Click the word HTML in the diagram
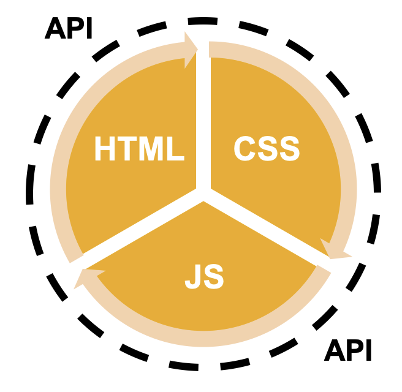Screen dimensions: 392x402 click(139, 149)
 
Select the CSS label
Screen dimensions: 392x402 click(267, 149)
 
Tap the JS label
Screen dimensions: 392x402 click(205, 277)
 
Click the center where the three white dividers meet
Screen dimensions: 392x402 click(203, 195)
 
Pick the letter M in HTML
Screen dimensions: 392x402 click(152, 149)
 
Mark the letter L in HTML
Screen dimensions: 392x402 click(176, 149)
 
